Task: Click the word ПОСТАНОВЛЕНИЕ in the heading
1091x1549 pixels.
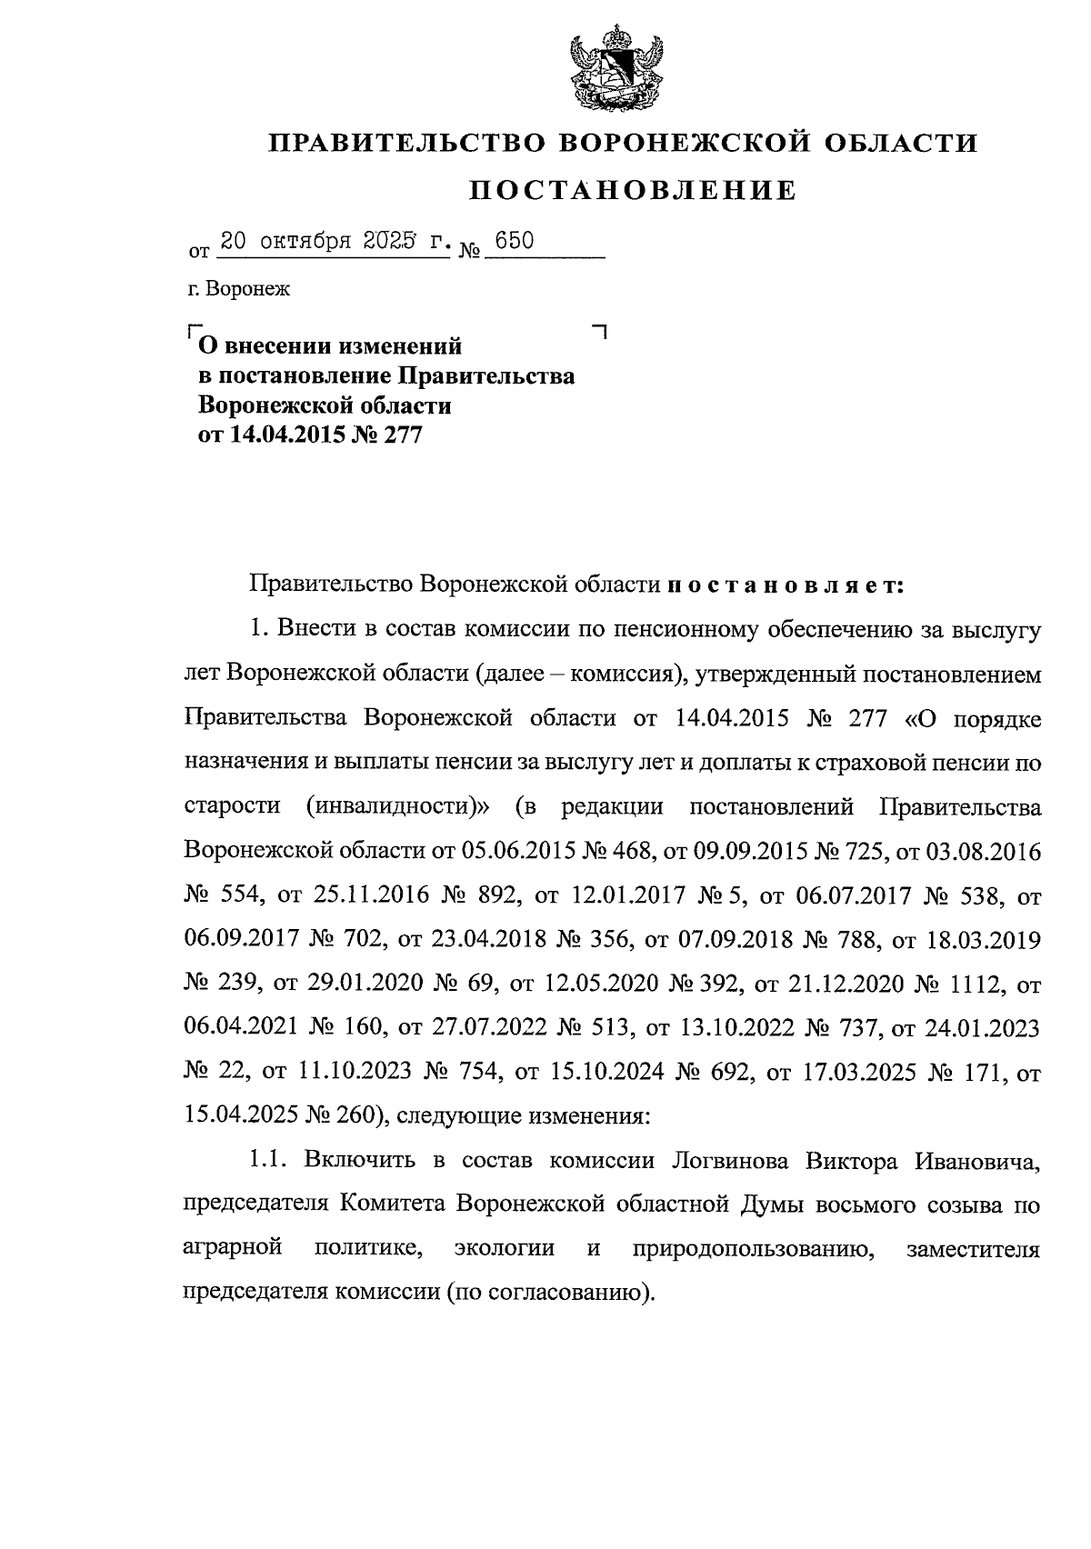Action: pyautogui.click(x=633, y=190)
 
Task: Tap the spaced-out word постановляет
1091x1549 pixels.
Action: pyautogui.click(x=785, y=584)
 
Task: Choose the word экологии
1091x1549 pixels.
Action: pyautogui.click(x=505, y=1249)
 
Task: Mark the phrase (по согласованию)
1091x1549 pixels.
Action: pyautogui.click(x=549, y=1293)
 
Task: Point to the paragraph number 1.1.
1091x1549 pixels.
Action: pyautogui.click(x=269, y=1161)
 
